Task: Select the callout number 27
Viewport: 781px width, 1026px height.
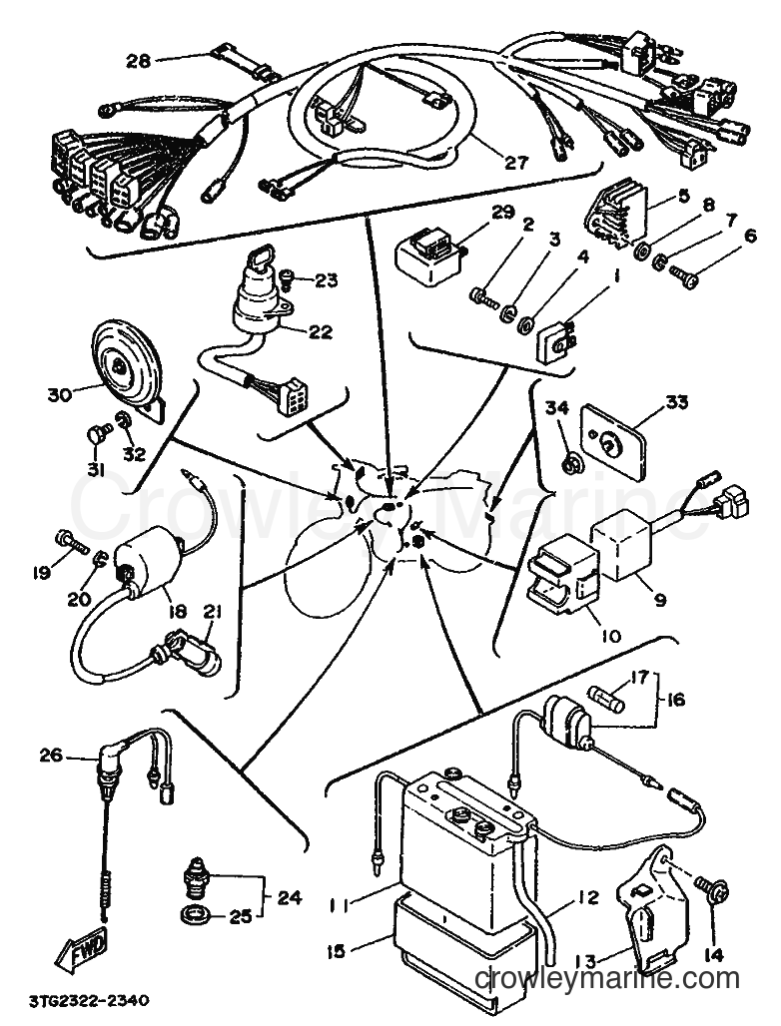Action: pos(515,162)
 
